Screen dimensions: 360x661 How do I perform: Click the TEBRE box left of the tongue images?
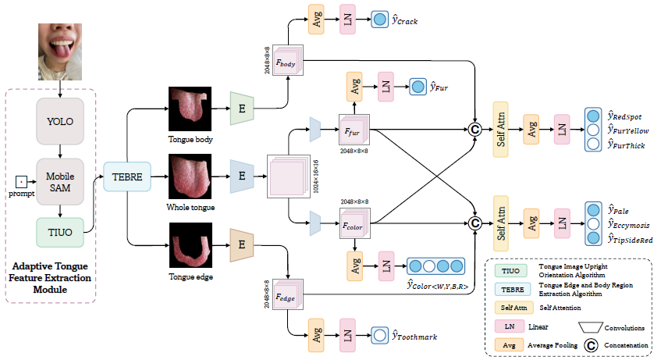coord(126,176)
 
